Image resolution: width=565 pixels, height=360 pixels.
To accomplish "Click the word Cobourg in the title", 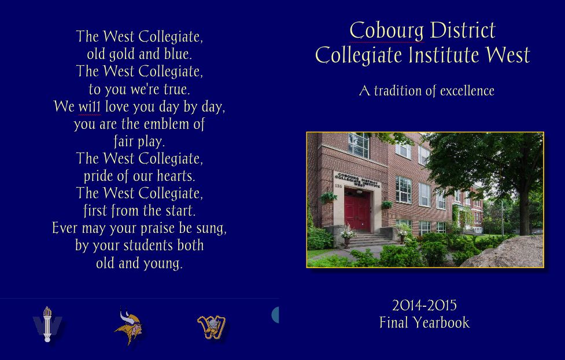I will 387,31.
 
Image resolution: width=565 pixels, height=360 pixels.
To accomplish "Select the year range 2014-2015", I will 424,306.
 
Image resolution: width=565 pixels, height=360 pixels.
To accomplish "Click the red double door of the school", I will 357,209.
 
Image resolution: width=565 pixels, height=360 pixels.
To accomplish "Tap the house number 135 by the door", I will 338,186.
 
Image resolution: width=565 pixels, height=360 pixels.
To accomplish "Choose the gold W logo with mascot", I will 212,328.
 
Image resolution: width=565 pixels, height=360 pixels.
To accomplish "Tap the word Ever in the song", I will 65,228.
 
